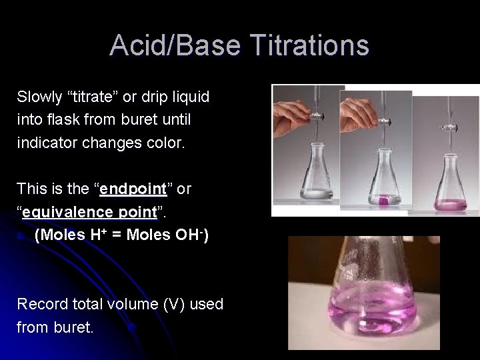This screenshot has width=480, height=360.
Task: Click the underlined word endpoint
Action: point(133,189)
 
